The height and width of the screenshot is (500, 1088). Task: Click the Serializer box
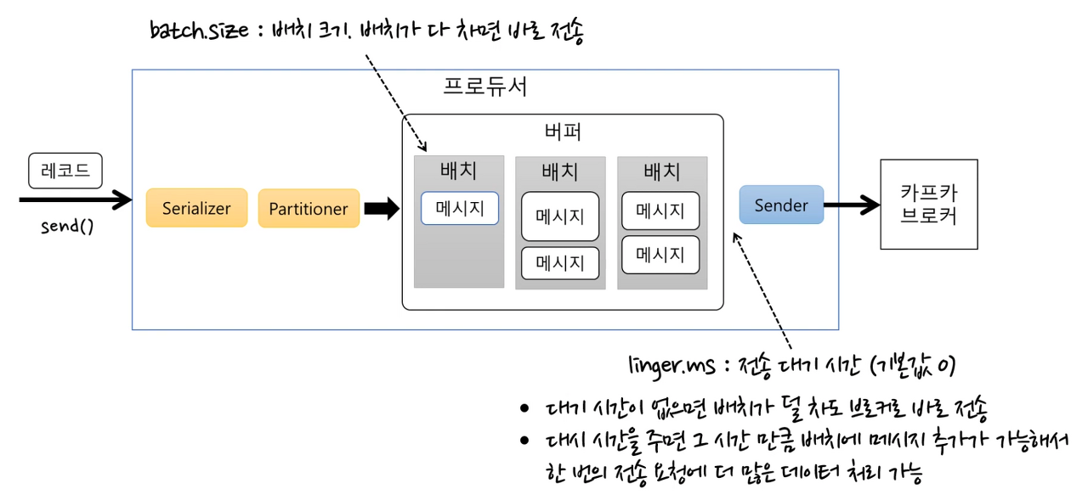[x=196, y=208]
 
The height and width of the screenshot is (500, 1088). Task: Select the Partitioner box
[x=309, y=208]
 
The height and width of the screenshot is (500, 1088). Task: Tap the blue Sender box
[x=781, y=205]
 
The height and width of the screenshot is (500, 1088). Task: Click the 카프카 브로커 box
[x=928, y=205]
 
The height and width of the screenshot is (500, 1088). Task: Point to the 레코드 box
[x=65, y=171]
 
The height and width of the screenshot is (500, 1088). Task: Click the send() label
[x=67, y=228]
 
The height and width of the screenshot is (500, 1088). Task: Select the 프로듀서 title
[x=485, y=87]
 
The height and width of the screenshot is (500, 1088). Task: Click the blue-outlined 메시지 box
[x=459, y=208]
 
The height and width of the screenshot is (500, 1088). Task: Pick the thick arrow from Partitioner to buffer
[x=381, y=208]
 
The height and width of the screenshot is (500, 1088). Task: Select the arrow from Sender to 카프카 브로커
[x=852, y=205]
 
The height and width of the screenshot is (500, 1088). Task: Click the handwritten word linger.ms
[x=665, y=366]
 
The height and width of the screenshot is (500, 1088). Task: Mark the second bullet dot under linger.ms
[x=524, y=441]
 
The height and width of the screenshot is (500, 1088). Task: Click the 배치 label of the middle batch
[x=560, y=172]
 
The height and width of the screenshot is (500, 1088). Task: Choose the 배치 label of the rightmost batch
[x=661, y=172]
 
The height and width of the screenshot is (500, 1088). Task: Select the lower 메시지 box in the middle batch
[x=560, y=263]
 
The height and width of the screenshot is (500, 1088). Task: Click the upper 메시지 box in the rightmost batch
[x=660, y=211]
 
